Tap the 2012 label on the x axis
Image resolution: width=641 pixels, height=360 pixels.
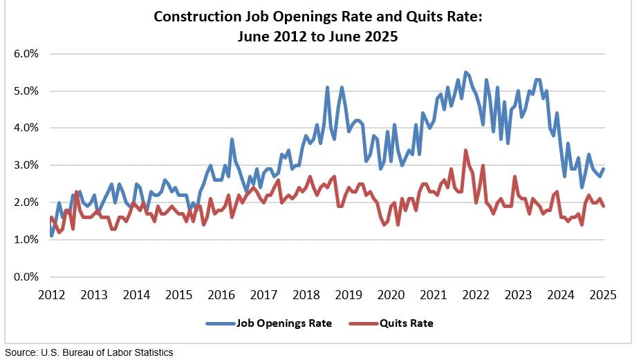[52, 295]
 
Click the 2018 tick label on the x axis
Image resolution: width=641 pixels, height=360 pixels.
[306, 295]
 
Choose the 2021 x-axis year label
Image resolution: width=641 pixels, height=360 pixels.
[434, 295]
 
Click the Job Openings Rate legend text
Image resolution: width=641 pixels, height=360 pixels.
[284, 323]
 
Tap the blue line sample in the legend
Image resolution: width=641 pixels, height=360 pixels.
[221, 323]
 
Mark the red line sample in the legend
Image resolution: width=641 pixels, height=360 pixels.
[366, 323]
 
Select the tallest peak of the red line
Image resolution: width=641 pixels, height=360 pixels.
[466, 150]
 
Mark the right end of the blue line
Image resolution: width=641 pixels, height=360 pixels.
[604, 169]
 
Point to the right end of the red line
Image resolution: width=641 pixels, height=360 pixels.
[604, 206]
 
